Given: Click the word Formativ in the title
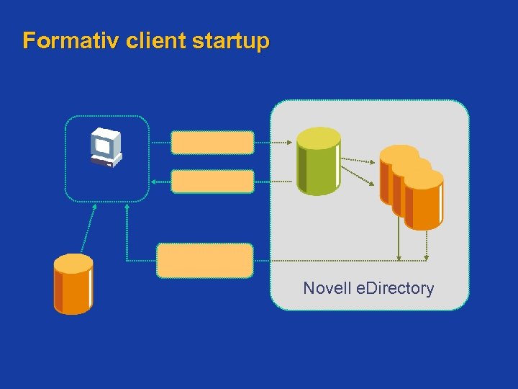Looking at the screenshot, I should point(71,40).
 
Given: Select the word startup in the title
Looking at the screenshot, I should point(231,40).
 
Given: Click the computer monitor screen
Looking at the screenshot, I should point(103,145).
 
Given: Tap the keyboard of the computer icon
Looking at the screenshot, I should point(102,162).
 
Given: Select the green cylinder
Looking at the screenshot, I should point(318,166).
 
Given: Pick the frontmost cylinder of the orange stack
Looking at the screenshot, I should point(424,202).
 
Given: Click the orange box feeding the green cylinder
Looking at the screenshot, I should point(212,143).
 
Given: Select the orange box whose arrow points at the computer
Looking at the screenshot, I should point(212,182).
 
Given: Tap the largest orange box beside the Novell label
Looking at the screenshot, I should point(205,260).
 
